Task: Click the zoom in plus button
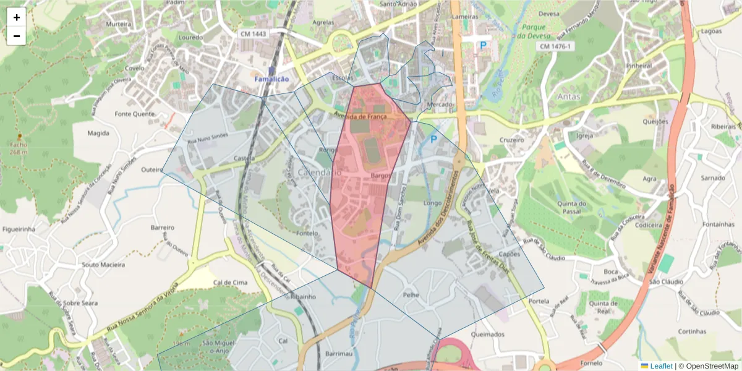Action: [x=17, y=17]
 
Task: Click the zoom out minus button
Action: [x=17, y=36]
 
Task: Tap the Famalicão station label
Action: [x=271, y=79]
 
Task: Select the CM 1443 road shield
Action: [x=252, y=33]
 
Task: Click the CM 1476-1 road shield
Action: [x=556, y=46]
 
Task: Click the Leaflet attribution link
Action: [x=660, y=366]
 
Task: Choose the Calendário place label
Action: [x=319, y=172]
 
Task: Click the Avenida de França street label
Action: [x=360, y=116]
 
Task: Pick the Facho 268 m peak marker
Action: [x=19, y=136]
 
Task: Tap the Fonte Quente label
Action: [x=134, y=114]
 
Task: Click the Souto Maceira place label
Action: [x=103, y=265]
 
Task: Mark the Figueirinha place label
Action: [x=19, y=229]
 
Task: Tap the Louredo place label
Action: [x=190, y=37]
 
